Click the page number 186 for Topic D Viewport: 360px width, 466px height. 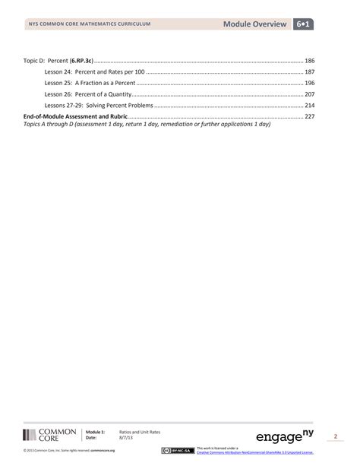pos(309,59)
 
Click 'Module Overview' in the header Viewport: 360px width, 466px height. pos(256,25)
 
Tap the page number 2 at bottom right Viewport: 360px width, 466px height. pos(335,436)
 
